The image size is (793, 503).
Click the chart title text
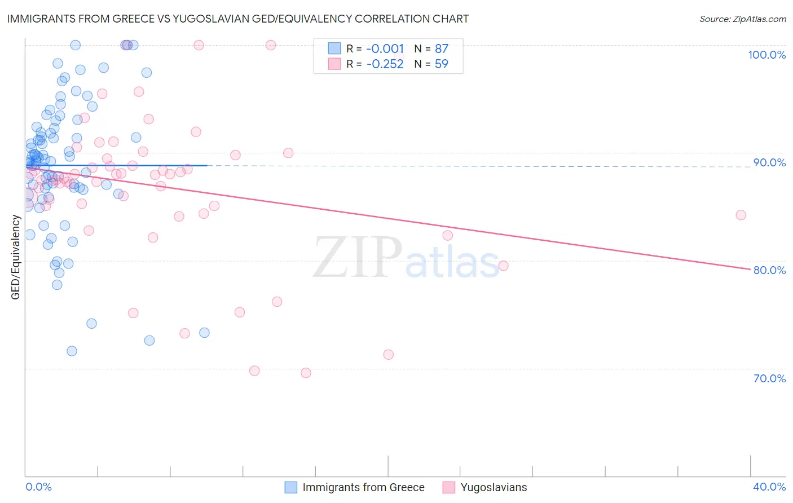click(237, 19)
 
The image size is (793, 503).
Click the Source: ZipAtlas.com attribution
click(742, 19)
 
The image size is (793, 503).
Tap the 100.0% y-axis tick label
click(766, 55)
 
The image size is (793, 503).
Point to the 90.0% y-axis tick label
click(769, 162)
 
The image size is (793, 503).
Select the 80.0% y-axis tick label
click(769, 270)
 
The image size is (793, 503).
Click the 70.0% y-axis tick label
click(769, 378)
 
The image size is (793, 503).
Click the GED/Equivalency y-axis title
click(16, 257)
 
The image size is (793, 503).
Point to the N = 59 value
click(431, 64)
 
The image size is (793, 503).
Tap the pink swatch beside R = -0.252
click(334, 64)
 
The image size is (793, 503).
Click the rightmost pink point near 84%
click(741, 215)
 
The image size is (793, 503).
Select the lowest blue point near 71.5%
click(72, 351)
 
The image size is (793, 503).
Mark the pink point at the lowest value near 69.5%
click(306, 373)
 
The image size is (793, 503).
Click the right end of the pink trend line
click(750, 270)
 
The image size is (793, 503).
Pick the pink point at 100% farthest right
click(271, 45)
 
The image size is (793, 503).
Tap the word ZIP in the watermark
click(358, 258)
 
